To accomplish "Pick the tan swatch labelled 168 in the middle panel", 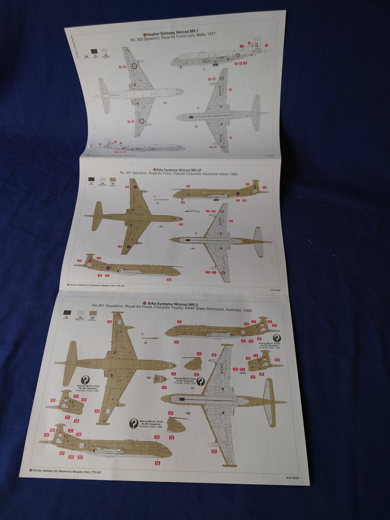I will point(112,179).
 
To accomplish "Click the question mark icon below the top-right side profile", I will point(277,338).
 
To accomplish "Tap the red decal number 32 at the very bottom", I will point(157,463).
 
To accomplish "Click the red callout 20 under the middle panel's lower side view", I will point(169,280).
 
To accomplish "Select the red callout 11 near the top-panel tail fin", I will point(241,46).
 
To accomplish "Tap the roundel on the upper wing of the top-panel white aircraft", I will point(134,66).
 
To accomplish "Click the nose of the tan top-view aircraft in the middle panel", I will point(181,219).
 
